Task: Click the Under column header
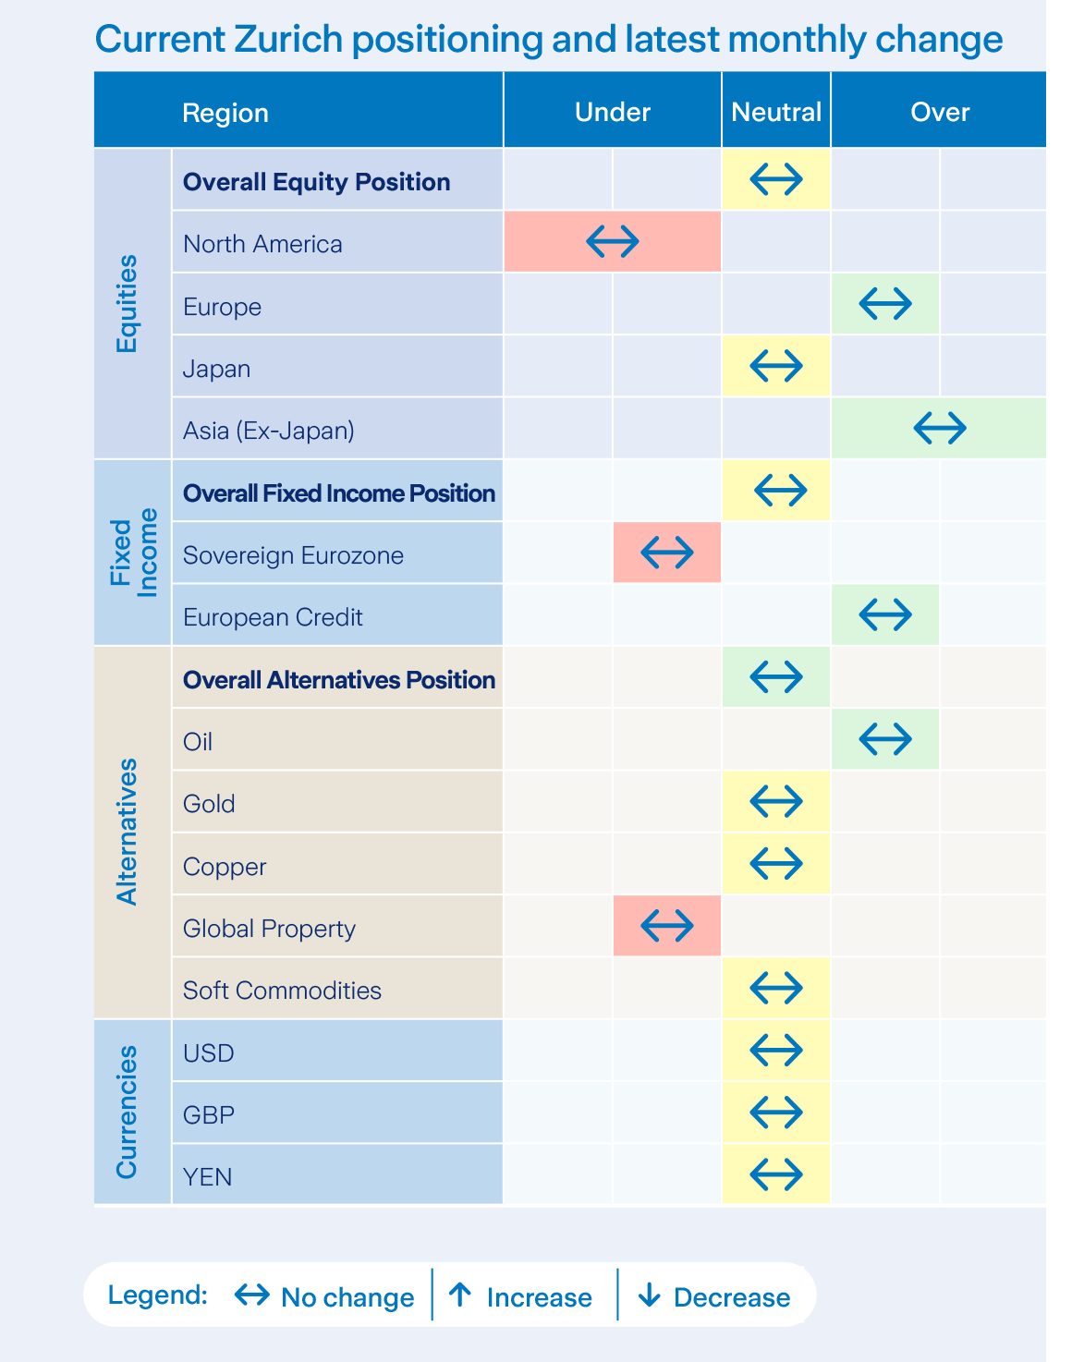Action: point(612,112)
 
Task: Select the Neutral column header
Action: point(775,112)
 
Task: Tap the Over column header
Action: point(939,112)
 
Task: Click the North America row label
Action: point(262,244)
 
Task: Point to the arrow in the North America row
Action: point(612,242)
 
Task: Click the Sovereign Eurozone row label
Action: point(293,555)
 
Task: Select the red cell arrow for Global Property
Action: point(666,925)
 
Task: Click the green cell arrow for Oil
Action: point(884,738)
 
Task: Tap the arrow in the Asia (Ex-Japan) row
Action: point(939,428)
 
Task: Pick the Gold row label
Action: point(209,804)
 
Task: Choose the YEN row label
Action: point(207,1177)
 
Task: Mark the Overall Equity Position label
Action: point(316,182)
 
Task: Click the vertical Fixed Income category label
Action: point(134,553)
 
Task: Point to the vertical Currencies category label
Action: point(127,1112)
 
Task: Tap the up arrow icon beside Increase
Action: point(460,1295)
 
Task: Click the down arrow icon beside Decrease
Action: point(649,1295)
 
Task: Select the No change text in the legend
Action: point(347,1297)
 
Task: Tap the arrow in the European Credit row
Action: point(884,614)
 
